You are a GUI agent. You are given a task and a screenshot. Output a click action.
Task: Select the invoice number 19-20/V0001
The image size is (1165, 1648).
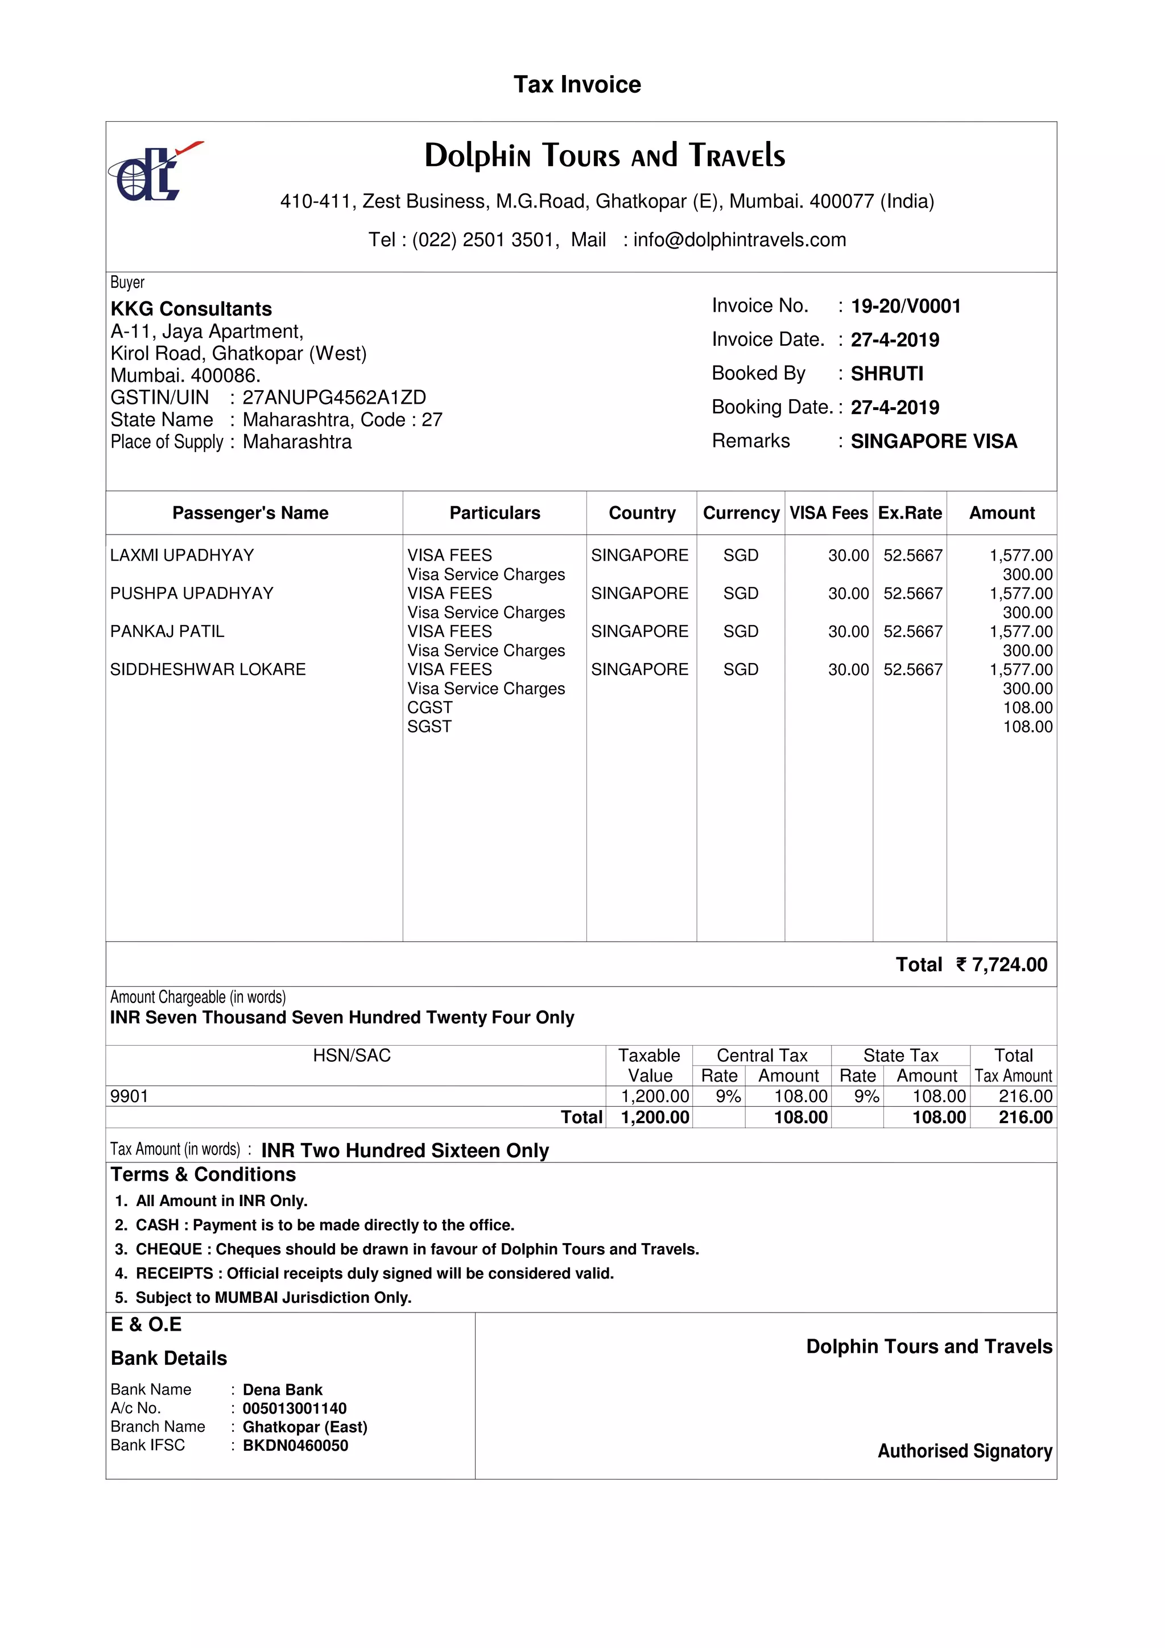[x=905, y=307]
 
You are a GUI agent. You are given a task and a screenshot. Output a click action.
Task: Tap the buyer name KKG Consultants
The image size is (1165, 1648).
[x=191, y=309]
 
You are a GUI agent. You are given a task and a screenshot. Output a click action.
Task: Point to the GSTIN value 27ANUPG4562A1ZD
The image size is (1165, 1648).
[x=334, y=397]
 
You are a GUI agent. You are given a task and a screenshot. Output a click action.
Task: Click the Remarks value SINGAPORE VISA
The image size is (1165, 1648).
[x=933, y=441]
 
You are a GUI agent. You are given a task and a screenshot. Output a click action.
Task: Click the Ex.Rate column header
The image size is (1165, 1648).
[x=909, y=513]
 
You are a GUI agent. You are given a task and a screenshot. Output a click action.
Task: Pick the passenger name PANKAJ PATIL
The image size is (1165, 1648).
[x=167, y=632]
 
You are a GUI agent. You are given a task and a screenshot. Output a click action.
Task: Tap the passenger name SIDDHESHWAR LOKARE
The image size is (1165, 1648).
[x=208, y=670]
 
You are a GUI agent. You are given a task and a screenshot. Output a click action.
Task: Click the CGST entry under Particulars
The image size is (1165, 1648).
[x=429, y=708]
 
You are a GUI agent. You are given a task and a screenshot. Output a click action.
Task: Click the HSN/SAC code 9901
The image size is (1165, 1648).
[x=129, y=1096]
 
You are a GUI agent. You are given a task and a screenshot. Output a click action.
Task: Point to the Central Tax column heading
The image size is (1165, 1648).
[x=761, y=1055]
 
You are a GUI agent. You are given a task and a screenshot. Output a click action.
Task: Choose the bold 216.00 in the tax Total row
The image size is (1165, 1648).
[x=1025, y=1117]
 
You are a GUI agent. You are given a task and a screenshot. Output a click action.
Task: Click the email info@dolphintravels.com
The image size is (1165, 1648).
[x=740, y=240]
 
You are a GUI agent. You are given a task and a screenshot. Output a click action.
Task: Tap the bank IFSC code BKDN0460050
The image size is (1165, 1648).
[x=295, y=1446]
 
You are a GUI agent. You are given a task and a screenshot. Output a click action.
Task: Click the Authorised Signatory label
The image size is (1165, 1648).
[x=964, y=1451]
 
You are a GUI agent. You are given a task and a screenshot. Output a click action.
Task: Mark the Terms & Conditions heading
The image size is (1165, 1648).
[x=203, y=1174]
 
